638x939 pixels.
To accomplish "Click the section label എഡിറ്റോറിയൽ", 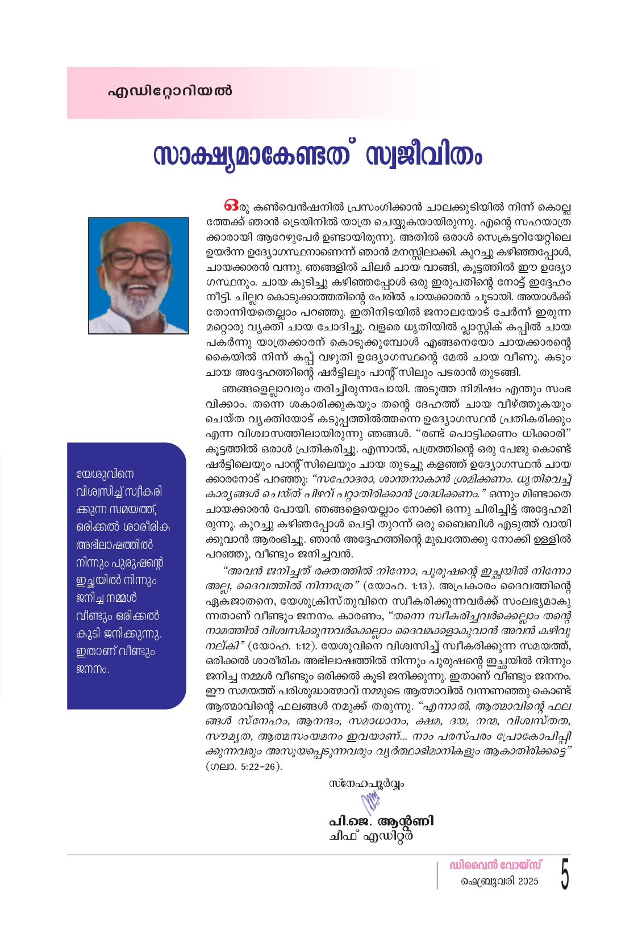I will coord(170,91).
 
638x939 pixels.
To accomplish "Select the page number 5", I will coord(564,875).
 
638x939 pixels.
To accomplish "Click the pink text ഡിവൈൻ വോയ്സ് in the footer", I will coord(495,865).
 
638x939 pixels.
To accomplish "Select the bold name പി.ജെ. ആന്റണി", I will coord(381,821).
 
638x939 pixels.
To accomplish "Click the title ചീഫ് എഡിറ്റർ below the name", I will coord(370,836).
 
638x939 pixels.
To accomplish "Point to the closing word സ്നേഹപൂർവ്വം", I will coord(366,784).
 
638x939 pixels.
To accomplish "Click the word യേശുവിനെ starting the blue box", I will coord(105,474).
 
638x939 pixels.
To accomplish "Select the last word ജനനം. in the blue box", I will coord(93,669).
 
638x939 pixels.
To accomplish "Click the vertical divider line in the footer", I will coord(437,875).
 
